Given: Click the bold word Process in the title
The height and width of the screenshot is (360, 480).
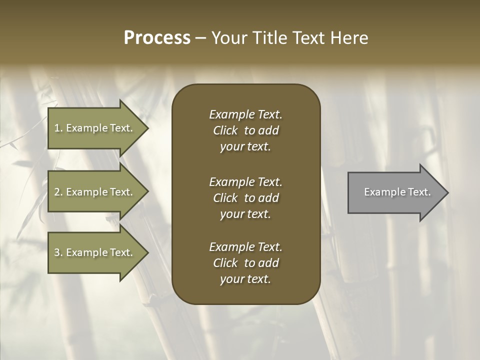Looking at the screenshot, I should [157, 38].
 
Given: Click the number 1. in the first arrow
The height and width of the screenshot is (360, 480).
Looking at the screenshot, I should [58, 128].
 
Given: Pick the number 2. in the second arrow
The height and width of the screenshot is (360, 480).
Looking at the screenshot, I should [58, 192].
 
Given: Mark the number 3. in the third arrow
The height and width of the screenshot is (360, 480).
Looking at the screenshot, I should [58, 252].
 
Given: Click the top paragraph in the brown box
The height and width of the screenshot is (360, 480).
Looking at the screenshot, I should [245, 130].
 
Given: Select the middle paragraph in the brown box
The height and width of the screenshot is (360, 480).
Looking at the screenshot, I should [245, 198].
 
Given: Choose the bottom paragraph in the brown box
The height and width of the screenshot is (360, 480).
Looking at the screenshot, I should [245, 263].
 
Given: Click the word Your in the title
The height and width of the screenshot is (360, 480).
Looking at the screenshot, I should [228, 38].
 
